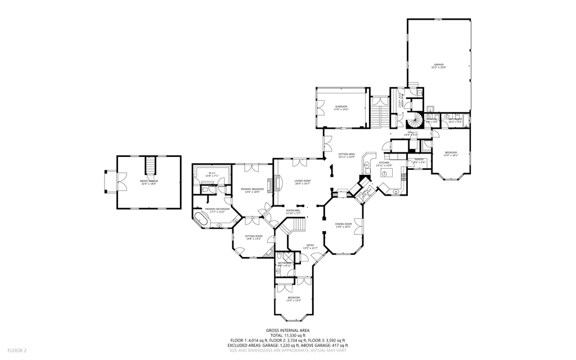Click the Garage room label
click(438, 66)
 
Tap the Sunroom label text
click(341, 107)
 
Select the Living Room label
click(303, 182)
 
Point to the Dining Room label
click(343, 225)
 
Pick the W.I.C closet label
click(213, 174)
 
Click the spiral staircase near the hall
click(416, 120)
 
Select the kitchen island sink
click(385, 174)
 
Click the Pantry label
click(419, 160)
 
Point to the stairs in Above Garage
click(150, 165)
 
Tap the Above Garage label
click(148, 182)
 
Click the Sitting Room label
click(254, 237)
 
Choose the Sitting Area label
click(346, 155)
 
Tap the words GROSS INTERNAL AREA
click(287, 331)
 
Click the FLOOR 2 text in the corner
click(10, 350)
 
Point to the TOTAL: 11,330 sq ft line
click(287, 336)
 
